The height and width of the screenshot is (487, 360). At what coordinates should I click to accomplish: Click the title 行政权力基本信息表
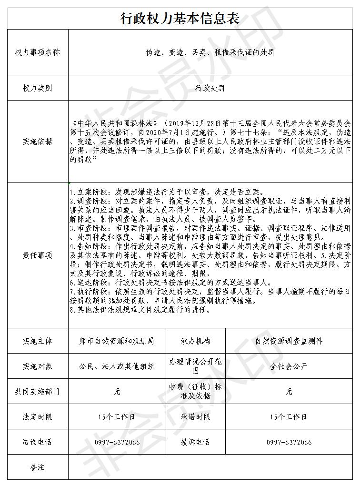pyautogui.click(x=180, y=18)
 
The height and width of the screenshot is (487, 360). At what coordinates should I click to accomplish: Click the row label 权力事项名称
pyautogui.click(x=38, y=52)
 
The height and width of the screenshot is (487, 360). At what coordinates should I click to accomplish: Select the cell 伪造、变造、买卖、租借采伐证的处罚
pyautogui.click(x=210, y=52)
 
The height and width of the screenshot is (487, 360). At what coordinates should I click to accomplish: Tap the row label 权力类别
pyautogui.click(x=38, y=88)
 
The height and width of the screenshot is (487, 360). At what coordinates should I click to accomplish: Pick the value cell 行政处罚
pyautogui.click(x=210, y=88)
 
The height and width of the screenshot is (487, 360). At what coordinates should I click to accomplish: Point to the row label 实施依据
pyautogui.click(x=38, y=142)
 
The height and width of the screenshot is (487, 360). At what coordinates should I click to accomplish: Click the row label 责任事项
pyautogui.click(x=38, y=255)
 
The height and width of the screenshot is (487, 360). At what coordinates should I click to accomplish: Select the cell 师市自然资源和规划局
pyautogui.click(x=117, y=341)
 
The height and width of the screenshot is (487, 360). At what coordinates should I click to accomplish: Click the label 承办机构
pyautogui.click(x=195, y=341)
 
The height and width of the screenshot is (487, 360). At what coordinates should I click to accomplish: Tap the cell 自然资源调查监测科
pyautogui.click(x=289, y=341)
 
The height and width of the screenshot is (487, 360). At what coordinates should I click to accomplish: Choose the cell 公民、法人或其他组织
pyautogui.click(x=117, y=366)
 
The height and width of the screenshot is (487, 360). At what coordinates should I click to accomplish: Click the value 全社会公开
pyautogui.click(x=289, y=366)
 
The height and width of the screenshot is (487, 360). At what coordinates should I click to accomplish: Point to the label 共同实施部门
pyautogui.click(x=38, y=392)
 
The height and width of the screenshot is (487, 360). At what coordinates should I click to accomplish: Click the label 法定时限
pyautogui.click(x=38, y=417)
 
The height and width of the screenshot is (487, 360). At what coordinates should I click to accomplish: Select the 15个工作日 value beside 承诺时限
pyautogui.click(x=289, y=417)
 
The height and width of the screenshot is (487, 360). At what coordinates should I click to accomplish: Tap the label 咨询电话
pyautogui.click(x=38, y=442)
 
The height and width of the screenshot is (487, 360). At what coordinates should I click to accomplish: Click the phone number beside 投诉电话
pyautogui.click(x=289, y=442)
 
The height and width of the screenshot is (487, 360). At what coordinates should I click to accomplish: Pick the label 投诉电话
pyautogui.click(x=195, y=442)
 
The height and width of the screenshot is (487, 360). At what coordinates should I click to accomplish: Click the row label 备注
pyautogui.click(x=38, y=467)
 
